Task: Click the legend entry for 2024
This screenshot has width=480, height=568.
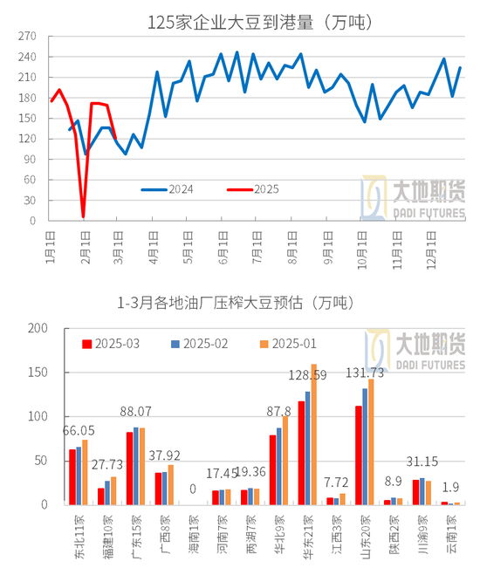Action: (180, 189)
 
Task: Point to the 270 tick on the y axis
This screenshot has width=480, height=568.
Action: (27, 38)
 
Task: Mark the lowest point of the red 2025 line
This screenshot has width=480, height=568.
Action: (84, 216)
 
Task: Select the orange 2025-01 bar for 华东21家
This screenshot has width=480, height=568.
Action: (313, 435)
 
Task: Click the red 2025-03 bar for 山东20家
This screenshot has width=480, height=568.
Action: (358, 455)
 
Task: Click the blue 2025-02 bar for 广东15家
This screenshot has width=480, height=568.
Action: (135, 466)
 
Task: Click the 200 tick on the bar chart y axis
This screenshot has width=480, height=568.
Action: (36, 329)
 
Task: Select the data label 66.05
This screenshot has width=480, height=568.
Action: (79, 431)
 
